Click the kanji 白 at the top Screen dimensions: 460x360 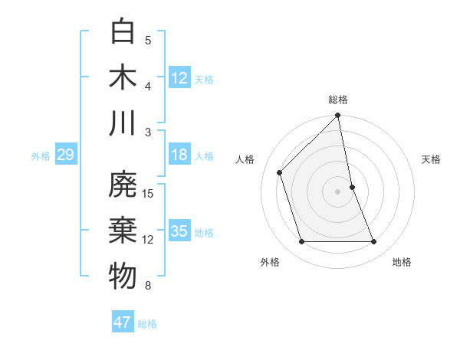coord(123,32)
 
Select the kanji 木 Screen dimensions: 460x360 coord(123,77)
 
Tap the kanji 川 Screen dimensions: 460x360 coord(123,123)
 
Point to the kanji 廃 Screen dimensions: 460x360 coord(123,186)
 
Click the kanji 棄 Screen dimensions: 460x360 coord(123,231)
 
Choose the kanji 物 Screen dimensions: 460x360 coord(123,276)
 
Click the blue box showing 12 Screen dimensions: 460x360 coord(179,78)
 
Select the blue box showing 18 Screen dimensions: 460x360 coord(179,155)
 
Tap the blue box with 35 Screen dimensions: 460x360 coord(179,231)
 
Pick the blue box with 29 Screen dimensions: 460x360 coord(65,155)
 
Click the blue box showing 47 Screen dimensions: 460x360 coord(123,322)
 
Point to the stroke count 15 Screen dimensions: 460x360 coord(149,194)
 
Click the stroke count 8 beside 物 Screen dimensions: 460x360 coord(148,286)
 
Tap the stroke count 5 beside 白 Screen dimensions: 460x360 coord(148,41)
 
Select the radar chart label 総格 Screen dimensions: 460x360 coord(338,100)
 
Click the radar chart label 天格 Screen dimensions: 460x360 coord(431,159)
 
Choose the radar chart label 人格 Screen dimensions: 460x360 coord(245,159)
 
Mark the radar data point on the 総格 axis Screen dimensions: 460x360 coord(338,116)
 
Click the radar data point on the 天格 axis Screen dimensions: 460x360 coord(353,187)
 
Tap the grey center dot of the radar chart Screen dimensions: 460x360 coord(338,191)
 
